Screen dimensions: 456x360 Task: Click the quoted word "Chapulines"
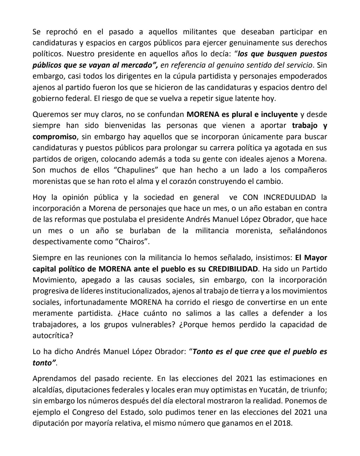(135, 170)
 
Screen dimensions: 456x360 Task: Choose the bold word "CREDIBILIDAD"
(233, 269)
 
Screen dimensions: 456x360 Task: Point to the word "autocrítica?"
(53, 335)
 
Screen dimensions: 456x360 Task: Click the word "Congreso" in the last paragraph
(87, 412)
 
